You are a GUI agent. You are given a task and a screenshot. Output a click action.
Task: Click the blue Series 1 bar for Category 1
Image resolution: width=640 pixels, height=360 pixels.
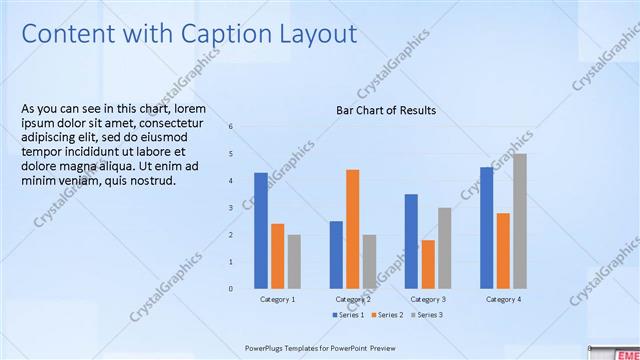click(260, 230)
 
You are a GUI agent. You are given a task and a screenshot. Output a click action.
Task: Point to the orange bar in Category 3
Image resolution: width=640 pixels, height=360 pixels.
click(428, 264)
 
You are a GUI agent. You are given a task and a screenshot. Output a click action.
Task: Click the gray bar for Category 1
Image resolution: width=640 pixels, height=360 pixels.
click(294, 261)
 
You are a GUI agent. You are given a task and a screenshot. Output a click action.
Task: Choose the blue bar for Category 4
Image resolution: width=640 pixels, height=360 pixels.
click(486, 227)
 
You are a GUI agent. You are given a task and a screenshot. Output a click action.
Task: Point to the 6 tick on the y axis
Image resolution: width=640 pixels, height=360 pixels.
click(230, 127)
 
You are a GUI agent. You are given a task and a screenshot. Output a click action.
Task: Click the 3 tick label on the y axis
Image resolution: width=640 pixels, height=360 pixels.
click(230, 208)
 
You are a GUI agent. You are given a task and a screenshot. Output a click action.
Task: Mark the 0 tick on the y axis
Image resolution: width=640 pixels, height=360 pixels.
click(230, 289)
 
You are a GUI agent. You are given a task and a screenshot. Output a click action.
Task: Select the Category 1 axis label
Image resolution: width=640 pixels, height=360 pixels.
click(277, 299)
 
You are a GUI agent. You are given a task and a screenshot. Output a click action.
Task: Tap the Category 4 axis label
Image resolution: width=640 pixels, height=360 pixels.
click(503, 299)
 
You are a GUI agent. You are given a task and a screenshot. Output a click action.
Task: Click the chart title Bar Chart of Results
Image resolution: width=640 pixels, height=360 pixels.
click(386, 110)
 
